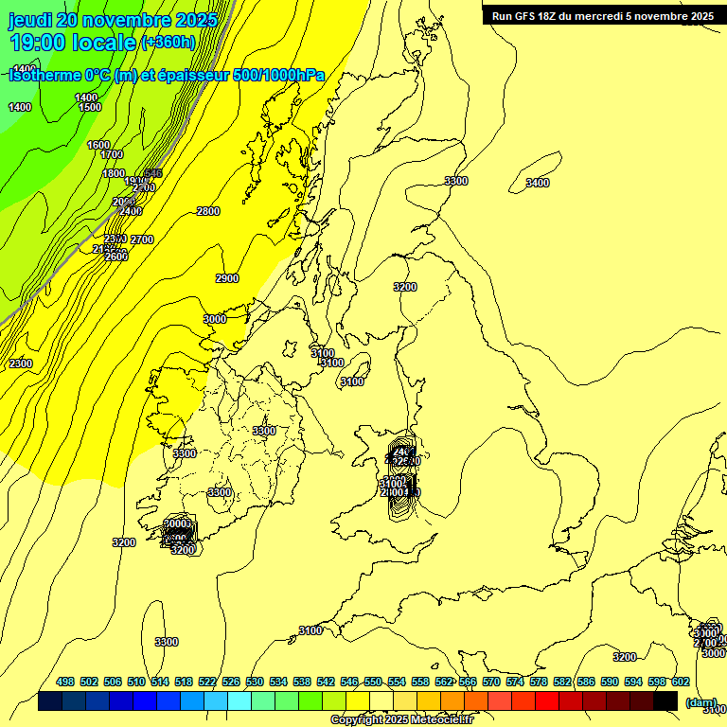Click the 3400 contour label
pyautogui.click(x=537, y=183)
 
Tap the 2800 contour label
pyautogui.click(x=208, y=211)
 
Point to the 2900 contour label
pyautogui.click(x=227, y=278)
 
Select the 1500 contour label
pyautogui.click(x=90, y=107)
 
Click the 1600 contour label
pyautogui.click(x=98, y=145)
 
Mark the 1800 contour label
pyautogui.click(x=114, y=173)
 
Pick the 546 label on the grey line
pyautogui.click(x=153, y=173)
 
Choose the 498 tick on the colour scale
pyautogui.click(x=65, y=682)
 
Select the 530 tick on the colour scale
pyautogui.click(x=255, y=682)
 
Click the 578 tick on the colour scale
pyautogui.click(x=539, y=682)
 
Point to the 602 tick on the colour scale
pyautogui.click(x=680, y=682)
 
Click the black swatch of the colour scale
pyautogui.click(x=665, y=701)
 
